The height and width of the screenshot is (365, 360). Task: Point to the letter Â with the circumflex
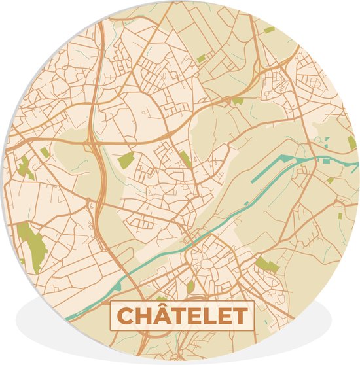162,316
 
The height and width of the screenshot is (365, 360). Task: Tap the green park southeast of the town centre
266,265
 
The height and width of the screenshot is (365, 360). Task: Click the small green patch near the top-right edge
269,30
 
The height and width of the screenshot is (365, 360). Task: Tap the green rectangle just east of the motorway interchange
126,159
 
